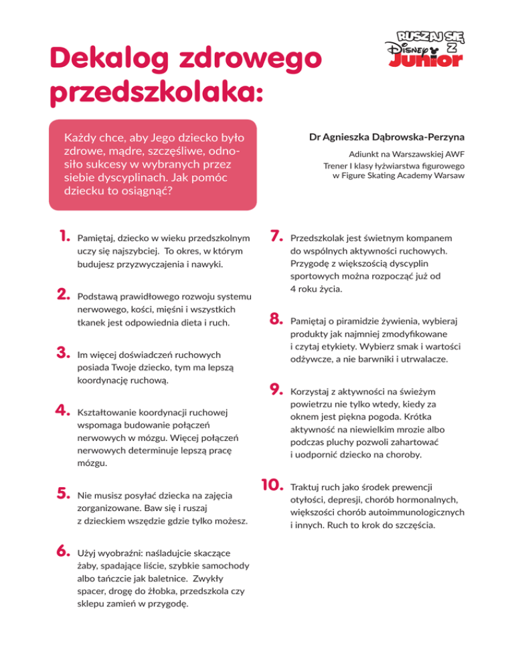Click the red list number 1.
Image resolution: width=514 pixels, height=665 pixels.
coord(64,237)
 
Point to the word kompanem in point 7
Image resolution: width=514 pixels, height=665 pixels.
coord(422,237)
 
